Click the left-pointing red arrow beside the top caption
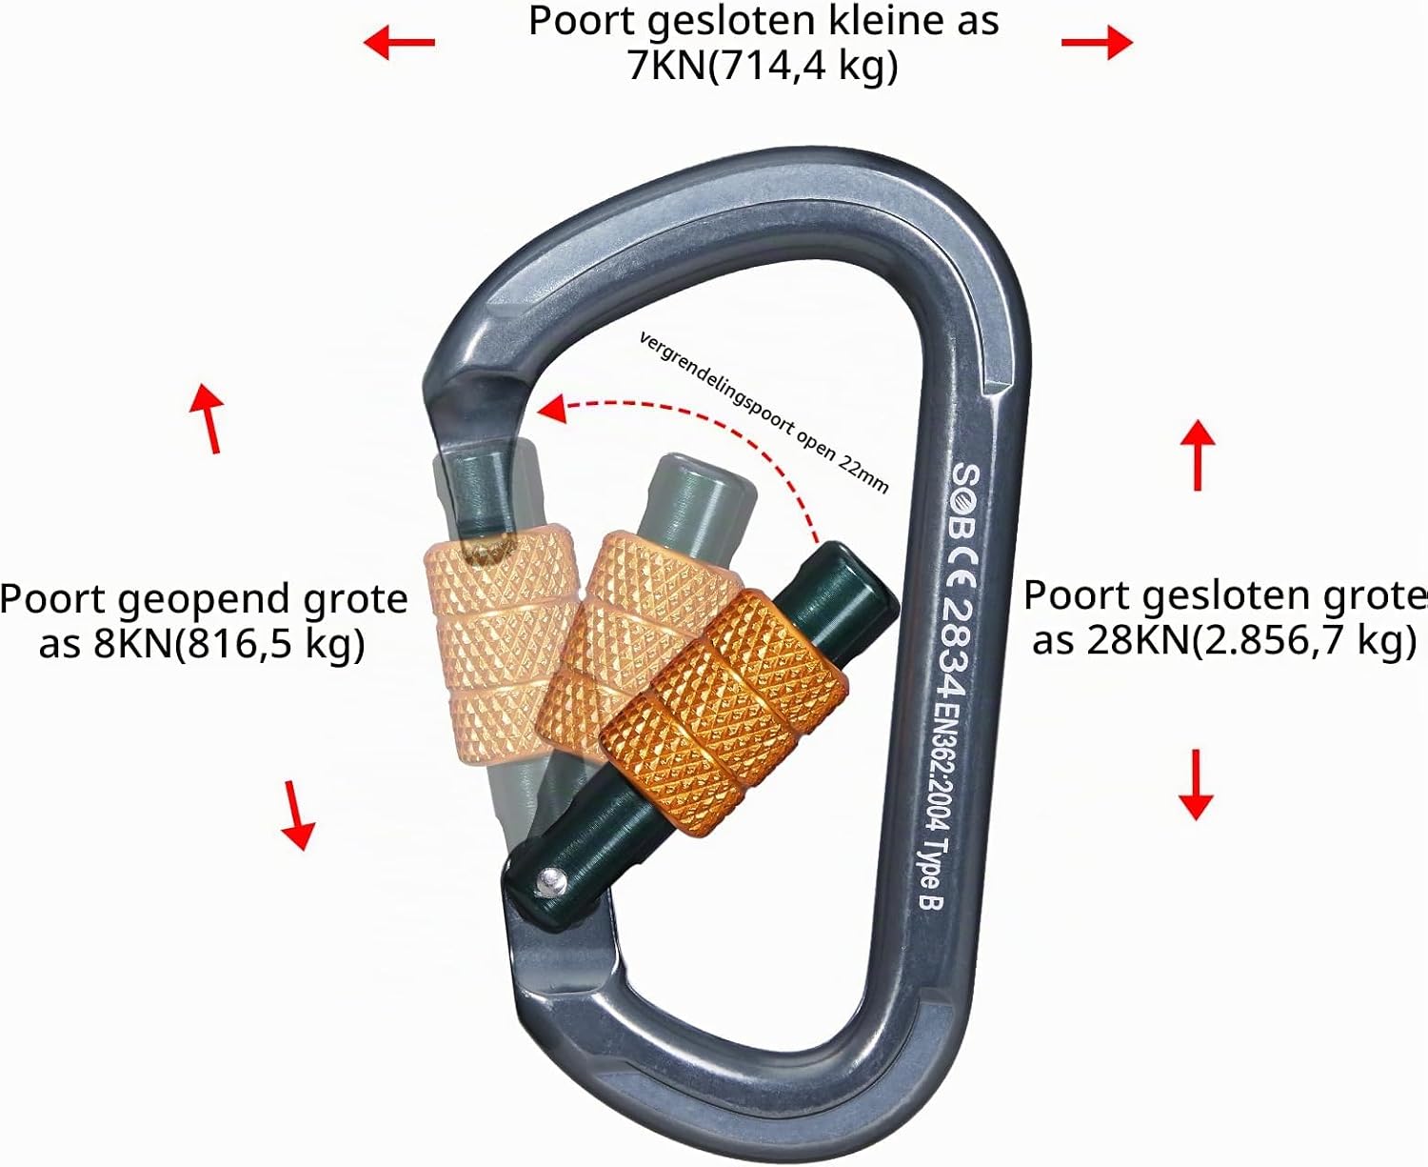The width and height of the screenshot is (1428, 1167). point(399,42)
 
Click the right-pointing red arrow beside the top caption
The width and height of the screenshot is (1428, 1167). point(1097,42)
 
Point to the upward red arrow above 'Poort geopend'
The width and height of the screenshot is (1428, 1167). point(208,417)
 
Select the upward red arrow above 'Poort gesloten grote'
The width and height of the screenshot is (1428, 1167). point(1198,454)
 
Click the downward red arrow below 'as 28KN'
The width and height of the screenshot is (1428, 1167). point(1196,784)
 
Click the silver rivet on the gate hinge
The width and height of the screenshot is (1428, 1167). point(552,882)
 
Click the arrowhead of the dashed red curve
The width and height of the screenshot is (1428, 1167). point(552,409)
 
